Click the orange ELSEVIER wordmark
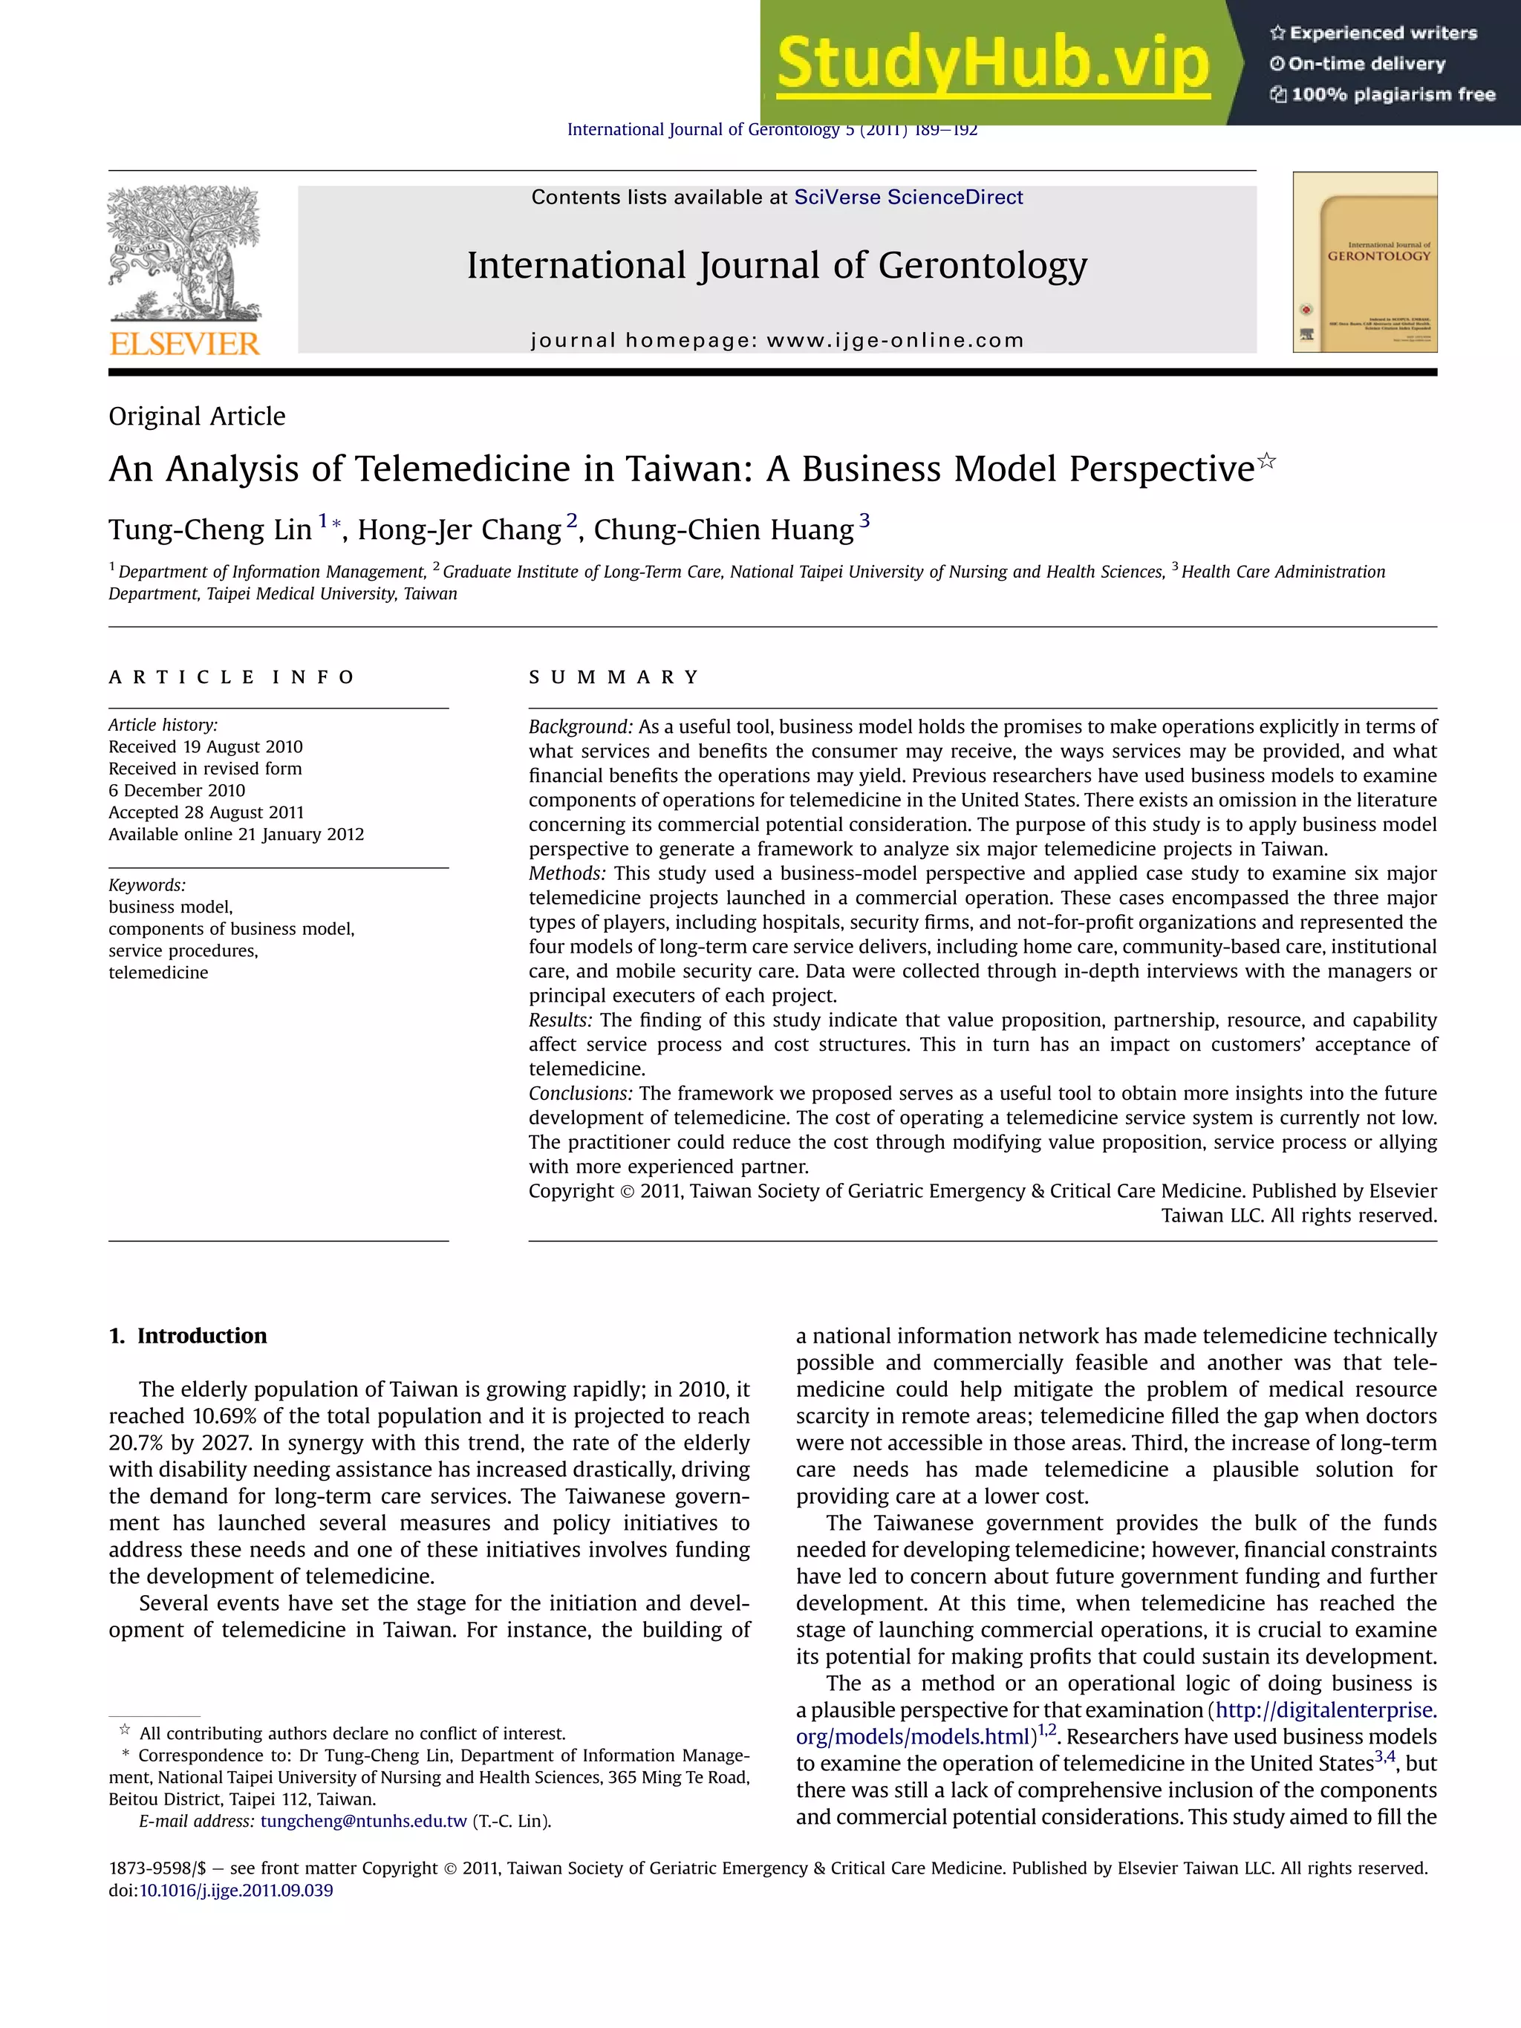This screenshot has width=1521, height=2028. click(185, 344)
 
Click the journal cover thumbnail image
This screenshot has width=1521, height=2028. click(1364, 262)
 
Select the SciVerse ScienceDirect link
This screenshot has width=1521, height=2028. click(908, 197)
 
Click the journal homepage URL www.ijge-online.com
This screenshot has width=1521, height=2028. click(895, 340)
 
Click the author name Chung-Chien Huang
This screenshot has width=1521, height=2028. click(723, 530)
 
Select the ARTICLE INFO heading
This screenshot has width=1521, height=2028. click(231, 677)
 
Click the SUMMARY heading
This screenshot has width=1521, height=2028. click(614, 677)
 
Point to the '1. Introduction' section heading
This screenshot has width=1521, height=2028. click(188, 1336)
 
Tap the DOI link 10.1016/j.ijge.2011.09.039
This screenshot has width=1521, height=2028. click(235, 1891)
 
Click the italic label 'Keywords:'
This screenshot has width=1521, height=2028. click(147, 884)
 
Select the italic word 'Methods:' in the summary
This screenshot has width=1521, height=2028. click(567, 874)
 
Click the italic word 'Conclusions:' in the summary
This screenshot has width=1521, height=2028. click(580, 1094)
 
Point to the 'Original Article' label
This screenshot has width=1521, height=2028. click(197, 417)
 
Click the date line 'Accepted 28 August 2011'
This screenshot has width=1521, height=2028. click(206, 812)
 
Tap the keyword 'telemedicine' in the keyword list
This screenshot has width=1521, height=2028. click(159, 973)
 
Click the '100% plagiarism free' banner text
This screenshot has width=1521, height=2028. click(1383, 94)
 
